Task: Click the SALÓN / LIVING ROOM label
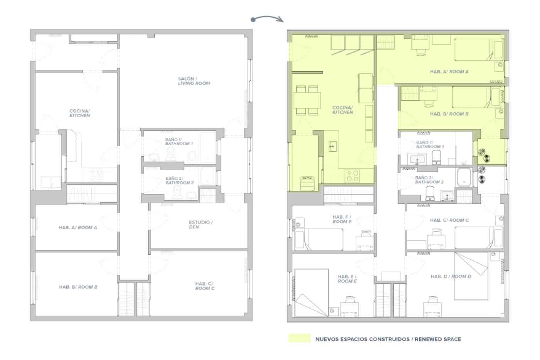(x=194, y=81)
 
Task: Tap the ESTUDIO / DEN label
(x=201, y=225)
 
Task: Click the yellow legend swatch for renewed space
(x=299, y=338)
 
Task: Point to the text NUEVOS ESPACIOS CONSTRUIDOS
(x=362, y=339)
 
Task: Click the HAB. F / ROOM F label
(x=342, y=219)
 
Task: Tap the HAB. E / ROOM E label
(x=347, y=279)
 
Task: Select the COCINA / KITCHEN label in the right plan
(x=343, y=110)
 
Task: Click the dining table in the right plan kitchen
(x=307, y=100)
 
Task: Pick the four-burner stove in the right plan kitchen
(x=352, y=176)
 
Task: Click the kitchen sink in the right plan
(x=332, y=146)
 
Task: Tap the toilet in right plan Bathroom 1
(x=436, y=157)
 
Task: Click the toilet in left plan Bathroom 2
(x=177, y=193)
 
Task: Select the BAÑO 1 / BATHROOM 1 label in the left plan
(x=179, y=142)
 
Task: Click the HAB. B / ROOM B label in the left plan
(x=78, y=287)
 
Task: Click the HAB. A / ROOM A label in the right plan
(x=449, y=72)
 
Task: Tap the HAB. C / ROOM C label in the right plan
(x=449, y=220)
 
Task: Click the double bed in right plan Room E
(x=311, y=293)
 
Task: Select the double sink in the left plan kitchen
(x=51, y=183)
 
